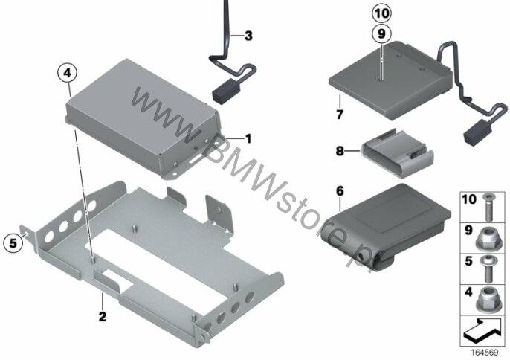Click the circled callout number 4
[x=67, y=73]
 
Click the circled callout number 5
[x=13, y=242]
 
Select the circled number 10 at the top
[x=381, y=13]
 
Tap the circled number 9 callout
[x=381, y=33]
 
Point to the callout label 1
[x=248, y=139]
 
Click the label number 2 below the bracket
[x=103, y=316]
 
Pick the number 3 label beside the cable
[x=248, y=36]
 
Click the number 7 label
[x=340, y=115]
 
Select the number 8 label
[x=340, y=151]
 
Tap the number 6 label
[x=340, y=191]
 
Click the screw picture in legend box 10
[x=488, y=207]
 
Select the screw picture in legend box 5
[x=488, y=269]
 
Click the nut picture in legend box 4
[x=488, y=300]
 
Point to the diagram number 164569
[x=485, y=353]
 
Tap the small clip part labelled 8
[x=398, y=153]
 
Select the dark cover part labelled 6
[x=386, y=226]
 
